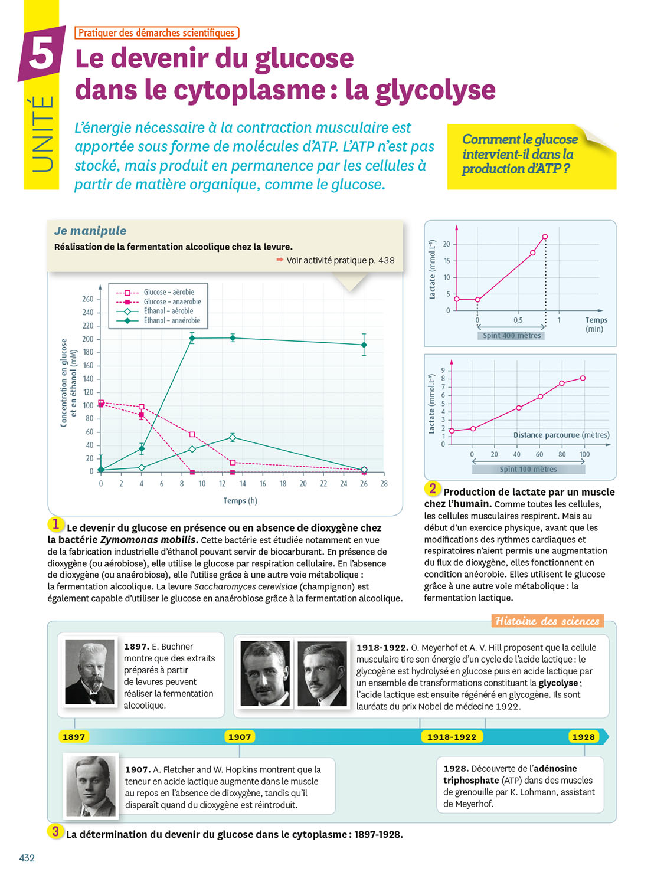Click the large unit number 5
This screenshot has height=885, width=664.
click(41, 55)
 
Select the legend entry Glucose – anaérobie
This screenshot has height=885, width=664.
click(172, 301)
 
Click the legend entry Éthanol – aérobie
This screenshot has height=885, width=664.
click(168, 311)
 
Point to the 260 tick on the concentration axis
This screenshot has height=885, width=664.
click(87, 299)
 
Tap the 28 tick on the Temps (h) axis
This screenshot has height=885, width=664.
click(384, 484)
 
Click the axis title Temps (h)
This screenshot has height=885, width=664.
click(240, 501)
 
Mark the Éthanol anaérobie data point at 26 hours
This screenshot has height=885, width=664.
click(364, 345)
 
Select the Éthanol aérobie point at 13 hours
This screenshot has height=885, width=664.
click(233, 438)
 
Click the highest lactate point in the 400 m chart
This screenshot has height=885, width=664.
click(545, 237)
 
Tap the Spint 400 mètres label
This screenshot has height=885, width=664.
click(512, 336)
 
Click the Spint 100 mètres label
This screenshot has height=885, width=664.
click(528, 470)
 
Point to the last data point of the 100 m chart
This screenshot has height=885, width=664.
click(583, 378)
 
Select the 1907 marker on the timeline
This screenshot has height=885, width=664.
click(240, 737)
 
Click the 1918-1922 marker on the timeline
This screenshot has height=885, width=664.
click(452, 737)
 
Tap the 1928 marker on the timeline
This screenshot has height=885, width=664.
click(584, 737)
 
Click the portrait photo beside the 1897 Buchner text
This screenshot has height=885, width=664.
click(90, 672)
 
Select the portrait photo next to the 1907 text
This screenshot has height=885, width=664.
click(91, 786)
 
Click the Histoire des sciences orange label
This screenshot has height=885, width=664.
click(547, 621)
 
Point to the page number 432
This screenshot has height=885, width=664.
click(27, 858)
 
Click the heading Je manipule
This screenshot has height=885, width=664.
click(90, 231)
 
